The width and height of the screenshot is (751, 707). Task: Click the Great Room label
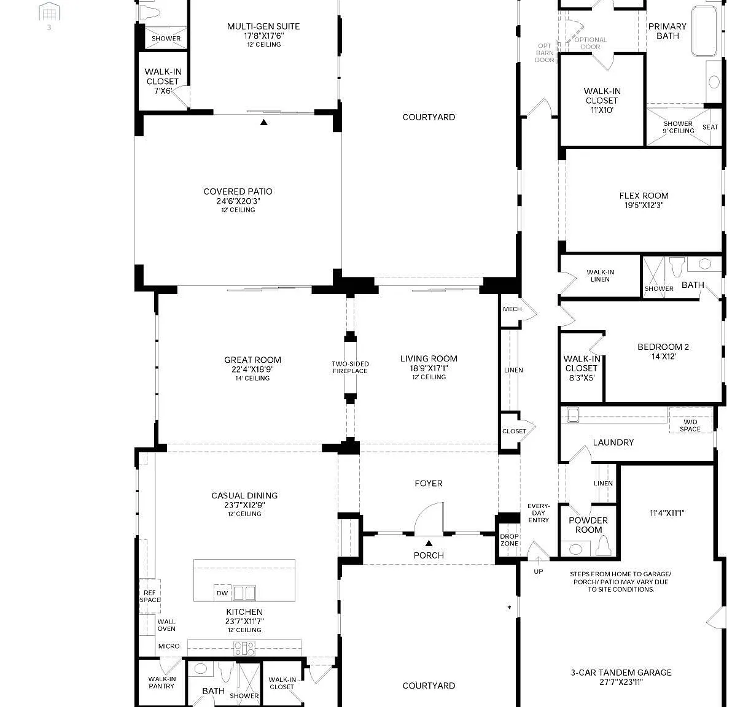[252, 360]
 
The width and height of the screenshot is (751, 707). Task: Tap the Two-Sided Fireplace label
[350, 368]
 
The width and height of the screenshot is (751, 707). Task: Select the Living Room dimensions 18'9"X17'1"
[429, 368]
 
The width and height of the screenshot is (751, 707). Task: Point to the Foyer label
[429, 483]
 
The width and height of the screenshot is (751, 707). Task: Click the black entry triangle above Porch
[429, 543]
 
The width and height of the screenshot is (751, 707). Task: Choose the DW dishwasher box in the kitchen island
[222, 593]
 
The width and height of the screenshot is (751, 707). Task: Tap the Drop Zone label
[509, 540]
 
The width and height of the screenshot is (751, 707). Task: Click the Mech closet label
[512, 309]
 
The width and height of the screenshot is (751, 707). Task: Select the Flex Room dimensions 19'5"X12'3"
[644, 205]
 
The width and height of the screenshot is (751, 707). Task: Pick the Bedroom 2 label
[663, 347]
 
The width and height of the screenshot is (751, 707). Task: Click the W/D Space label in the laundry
[690, 425]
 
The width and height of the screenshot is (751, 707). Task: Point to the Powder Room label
[588, 525]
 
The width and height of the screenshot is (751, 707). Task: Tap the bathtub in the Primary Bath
[704, 31]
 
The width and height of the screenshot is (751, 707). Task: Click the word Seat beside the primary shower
[710, 127]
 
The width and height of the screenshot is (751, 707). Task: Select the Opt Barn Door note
[545, 53]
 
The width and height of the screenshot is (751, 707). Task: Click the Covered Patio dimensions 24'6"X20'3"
[238, 201]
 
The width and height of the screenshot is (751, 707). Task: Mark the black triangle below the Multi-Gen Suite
[264, 122]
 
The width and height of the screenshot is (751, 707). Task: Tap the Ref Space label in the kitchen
[150, 596]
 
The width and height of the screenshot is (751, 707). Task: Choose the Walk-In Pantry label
[162, 682]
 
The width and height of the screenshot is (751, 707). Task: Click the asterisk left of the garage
[509, 608]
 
